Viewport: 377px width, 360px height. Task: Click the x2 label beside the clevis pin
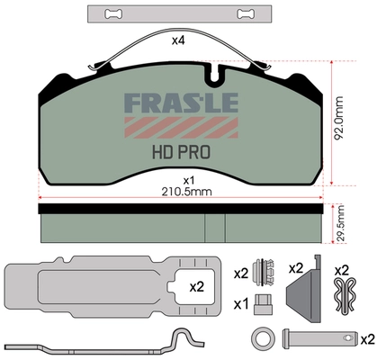click(366, 338)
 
